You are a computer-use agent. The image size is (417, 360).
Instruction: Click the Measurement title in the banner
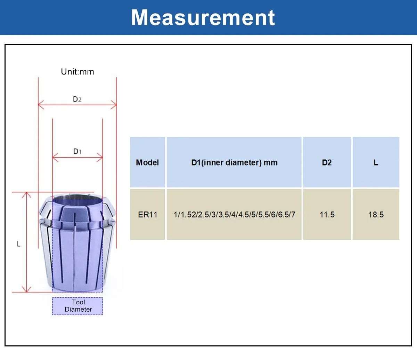click(203, 18)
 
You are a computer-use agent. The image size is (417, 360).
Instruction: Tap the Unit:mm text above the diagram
click(77, 72)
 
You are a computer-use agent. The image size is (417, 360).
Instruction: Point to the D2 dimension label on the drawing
click(77, 99)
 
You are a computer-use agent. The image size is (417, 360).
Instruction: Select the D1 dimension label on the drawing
click(77, 151)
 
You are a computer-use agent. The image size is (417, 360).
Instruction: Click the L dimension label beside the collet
click(18, 244)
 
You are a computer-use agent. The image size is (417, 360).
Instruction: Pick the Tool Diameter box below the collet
click(77, 306)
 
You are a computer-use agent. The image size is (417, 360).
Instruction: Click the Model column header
click(147, 162)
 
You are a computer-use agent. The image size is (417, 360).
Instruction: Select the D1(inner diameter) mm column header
click(234, 162)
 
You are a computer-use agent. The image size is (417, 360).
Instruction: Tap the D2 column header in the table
click(327, 162)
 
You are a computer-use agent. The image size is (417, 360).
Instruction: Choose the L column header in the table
click(376, 162)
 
